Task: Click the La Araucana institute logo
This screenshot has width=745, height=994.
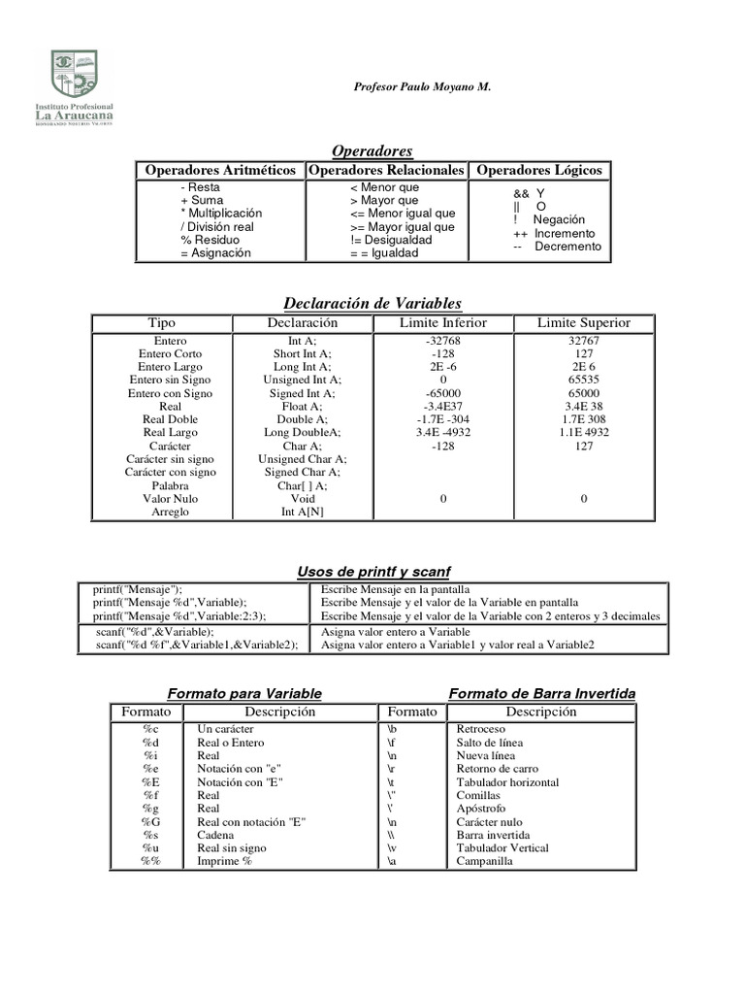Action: click(x=75, y=88)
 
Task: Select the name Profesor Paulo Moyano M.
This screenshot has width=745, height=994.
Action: click(x=422, y=87)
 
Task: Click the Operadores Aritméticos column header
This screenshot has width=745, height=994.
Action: click(x=220, y=170)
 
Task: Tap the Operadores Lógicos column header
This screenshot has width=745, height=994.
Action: click(x=540, y=170)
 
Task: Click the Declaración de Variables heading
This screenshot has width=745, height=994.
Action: click(x=372, y=303)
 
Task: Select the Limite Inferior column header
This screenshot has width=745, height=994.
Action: click(x=443, y=323)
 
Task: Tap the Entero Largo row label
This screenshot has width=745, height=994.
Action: click(x=170, y=368)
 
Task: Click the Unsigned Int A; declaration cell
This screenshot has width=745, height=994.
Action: click(x=302, y=381)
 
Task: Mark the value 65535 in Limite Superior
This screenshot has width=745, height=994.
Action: click(x=584, y=381)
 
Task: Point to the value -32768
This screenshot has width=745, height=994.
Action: click(x=443, y=342)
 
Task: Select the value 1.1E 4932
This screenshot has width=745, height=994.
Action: click(x=584, y=433)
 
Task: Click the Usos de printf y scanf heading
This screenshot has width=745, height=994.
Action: click(x=373, y=572)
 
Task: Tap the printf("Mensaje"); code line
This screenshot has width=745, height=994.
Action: click(x=138, y=589)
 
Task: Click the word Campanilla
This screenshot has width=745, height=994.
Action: click(x=484, y=861)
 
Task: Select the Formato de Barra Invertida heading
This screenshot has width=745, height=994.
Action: click(x=542, y=693)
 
